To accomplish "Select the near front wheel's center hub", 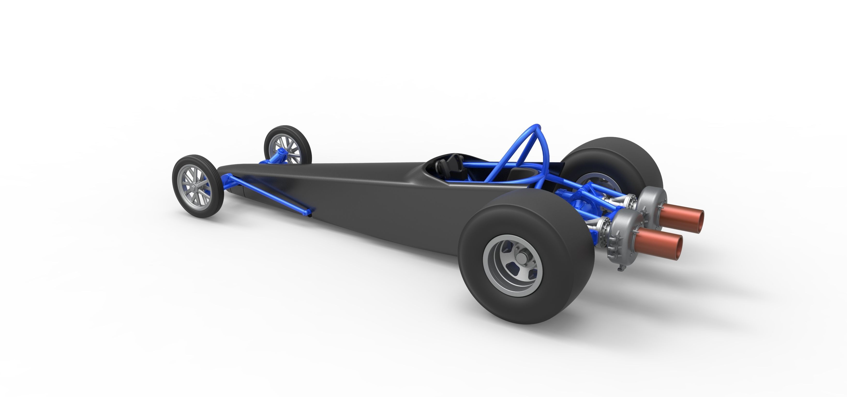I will pos(195,187).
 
